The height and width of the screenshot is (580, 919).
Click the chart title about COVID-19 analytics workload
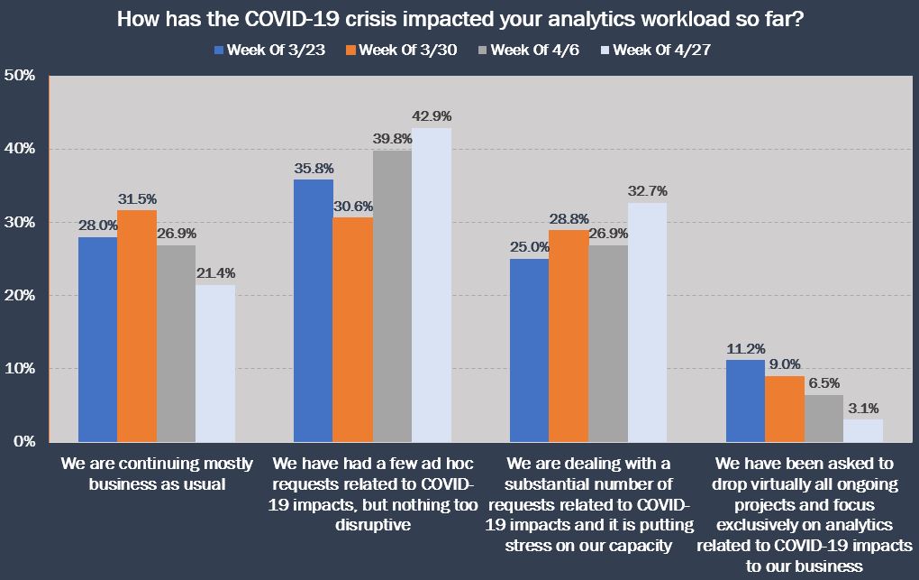click(x=459, y=19)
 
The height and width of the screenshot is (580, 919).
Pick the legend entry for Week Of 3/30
click(x=400, y=50)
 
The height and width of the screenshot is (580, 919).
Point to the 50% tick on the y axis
click(x=20, y=75)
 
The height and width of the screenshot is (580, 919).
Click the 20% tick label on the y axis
click(x=20, y=295)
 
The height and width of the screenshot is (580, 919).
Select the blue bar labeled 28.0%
click(x=97, y=339)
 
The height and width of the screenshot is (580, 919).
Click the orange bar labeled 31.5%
click(x=137, y=326)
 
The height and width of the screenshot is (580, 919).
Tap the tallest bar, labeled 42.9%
click(x=432, y=285)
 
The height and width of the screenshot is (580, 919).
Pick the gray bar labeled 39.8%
click(x=392, y=296)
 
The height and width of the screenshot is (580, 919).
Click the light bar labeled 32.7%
click(x=647, y=322)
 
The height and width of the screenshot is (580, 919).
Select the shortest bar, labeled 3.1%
click(x=863, y=430)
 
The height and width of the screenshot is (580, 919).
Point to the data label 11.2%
click(x=745, y=348)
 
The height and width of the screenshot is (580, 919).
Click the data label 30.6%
click(x=353, y=207)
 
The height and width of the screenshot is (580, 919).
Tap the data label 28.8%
click(x=568, y=219)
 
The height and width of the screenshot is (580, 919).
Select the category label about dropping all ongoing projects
click(x=804, y=515)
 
